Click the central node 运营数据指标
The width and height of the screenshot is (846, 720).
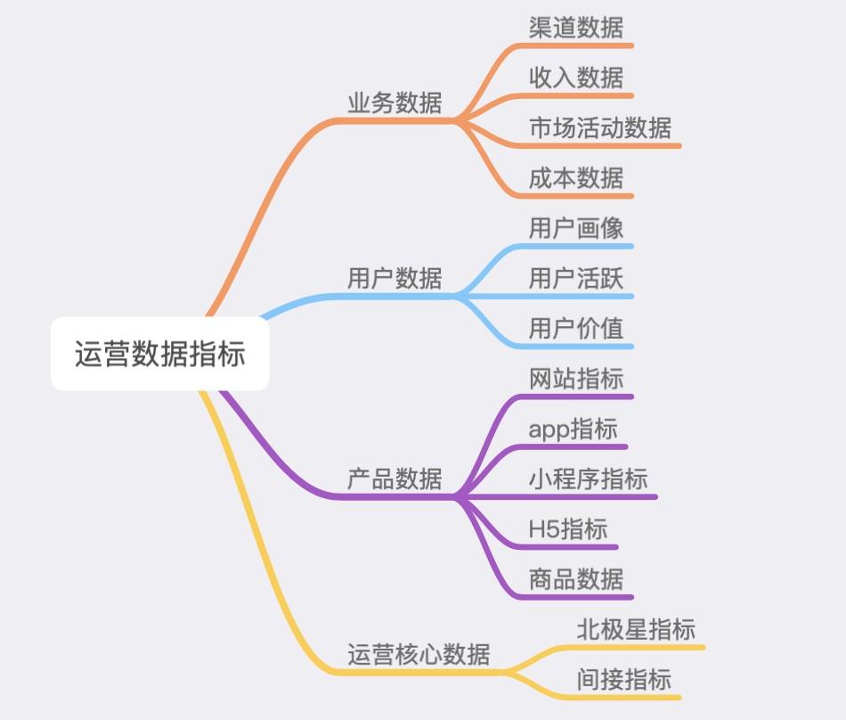pos(159,354)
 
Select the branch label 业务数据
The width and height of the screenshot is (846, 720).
pos(395,102)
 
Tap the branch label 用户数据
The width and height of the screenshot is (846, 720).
pos(395,278)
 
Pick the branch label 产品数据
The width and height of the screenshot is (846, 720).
pos(395,479)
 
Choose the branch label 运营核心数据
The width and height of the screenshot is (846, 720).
pos(419,654)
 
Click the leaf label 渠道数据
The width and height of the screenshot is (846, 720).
pos(576,28)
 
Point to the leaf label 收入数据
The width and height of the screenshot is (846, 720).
pos(576,78)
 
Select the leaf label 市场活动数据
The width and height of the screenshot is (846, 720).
pos(600,127)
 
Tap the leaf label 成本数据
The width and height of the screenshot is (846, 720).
pos(576,177)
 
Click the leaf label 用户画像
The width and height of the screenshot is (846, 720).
pos(576,228)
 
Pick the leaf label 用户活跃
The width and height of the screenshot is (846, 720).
pos(576,278)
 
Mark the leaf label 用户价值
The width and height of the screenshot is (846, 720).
pos(576,328)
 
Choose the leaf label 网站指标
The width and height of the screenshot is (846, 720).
pos(576,379)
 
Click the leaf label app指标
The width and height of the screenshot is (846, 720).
pos(573,430)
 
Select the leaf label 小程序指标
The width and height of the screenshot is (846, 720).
pos(588,479)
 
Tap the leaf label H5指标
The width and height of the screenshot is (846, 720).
pos(568,529)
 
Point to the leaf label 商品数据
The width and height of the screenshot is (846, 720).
pos(576,579)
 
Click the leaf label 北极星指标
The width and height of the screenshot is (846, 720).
pos(636,629)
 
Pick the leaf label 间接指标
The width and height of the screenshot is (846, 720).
pos(624,679)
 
